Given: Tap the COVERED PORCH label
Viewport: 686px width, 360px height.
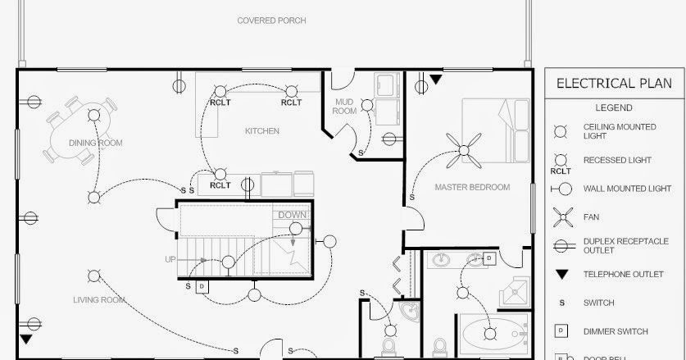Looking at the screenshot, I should click(271, 21).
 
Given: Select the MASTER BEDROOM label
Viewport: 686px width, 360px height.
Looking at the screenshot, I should click(472, 187).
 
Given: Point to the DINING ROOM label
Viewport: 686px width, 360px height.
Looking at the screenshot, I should click(96, 143).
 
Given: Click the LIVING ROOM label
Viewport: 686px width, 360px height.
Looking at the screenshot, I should click(98, 300).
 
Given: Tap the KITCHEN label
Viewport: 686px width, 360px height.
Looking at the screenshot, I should click(262, 130).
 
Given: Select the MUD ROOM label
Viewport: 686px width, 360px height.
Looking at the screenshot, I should click(345, 106).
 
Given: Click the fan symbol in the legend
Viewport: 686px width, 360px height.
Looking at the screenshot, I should click(561, 217).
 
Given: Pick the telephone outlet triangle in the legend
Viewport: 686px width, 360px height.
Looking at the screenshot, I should click(561, 274).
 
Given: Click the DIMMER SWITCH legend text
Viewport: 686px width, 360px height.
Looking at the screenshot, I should click(615, 331).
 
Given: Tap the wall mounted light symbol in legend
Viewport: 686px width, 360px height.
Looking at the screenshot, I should click(561, 188).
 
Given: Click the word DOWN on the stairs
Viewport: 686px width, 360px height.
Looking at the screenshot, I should click(293, 215).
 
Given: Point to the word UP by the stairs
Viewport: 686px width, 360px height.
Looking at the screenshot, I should click(170, 259).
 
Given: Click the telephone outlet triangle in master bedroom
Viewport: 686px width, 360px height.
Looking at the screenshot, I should click(435, 80).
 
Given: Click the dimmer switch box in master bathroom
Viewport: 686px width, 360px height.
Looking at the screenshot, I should click(488, 258).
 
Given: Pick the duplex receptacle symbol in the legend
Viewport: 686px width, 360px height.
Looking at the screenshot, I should click(561, 244).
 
